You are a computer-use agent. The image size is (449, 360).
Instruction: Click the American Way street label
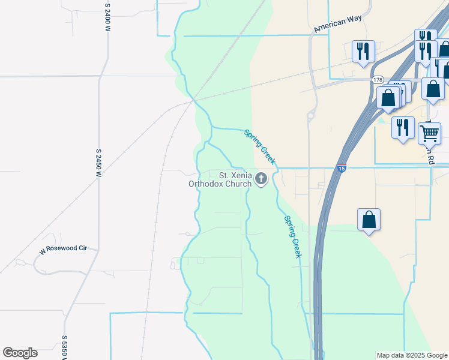pos(338,23)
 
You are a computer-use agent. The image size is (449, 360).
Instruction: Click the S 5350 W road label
pos(64,347)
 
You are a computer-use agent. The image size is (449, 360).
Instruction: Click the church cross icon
pos(261,178)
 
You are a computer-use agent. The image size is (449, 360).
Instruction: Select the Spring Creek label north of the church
pos(259,146)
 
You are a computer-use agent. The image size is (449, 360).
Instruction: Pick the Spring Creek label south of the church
pos(292,237)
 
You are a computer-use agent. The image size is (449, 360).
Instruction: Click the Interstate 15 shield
pos(341,169)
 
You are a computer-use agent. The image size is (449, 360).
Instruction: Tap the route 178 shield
pos(378,80)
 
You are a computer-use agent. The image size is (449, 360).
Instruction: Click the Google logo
pos(20,353)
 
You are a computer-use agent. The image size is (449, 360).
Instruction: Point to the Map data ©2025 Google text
pos(412,355)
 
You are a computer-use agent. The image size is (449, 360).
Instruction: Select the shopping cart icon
pos(429,133)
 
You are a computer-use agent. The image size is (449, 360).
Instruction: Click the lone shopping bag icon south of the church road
pos(369,220)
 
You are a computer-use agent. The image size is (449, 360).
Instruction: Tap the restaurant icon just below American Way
pos(363,51)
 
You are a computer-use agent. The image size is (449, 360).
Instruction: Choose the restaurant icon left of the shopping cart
pos(403,127)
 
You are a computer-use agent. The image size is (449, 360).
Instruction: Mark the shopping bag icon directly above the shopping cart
pos(433,88)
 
